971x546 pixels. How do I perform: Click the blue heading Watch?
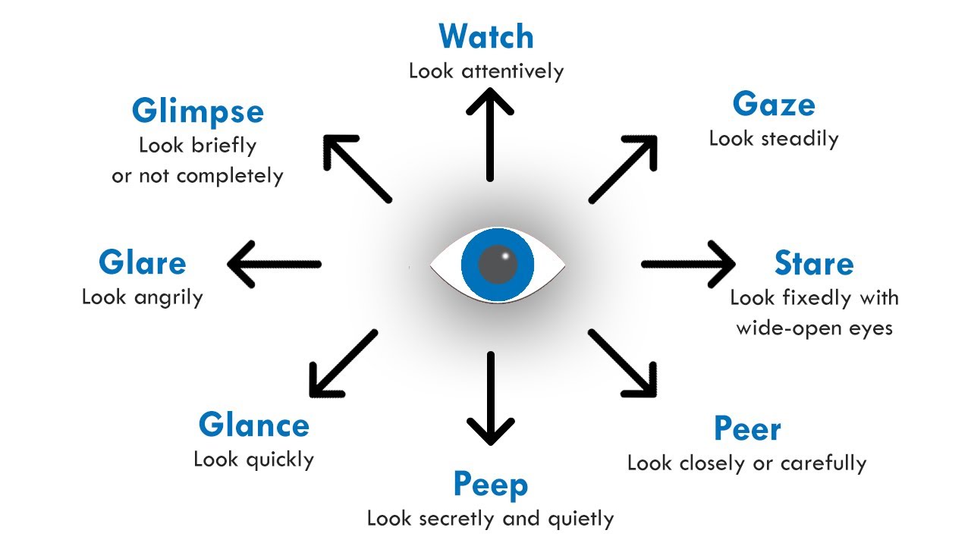click(x=486, y=36)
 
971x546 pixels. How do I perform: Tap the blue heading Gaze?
click(x=774, y=105)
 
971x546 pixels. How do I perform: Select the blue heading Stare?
click(x=814, y=264)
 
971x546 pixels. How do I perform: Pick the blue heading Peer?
click(x=747, y=429)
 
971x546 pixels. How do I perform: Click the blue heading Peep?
click(x=490, y=485)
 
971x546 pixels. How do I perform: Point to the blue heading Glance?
click(x=253, y=425)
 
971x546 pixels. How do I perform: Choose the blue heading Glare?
click(x=142, y=263)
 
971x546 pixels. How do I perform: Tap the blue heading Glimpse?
click(x=197, y=111)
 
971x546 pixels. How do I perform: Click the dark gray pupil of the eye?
click(x=498, y=264)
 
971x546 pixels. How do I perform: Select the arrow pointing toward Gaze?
click(x=623, y=169)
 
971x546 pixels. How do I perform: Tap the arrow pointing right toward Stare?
click(x=687, y=264)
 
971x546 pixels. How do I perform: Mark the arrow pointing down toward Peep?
click(x=491, y=398)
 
